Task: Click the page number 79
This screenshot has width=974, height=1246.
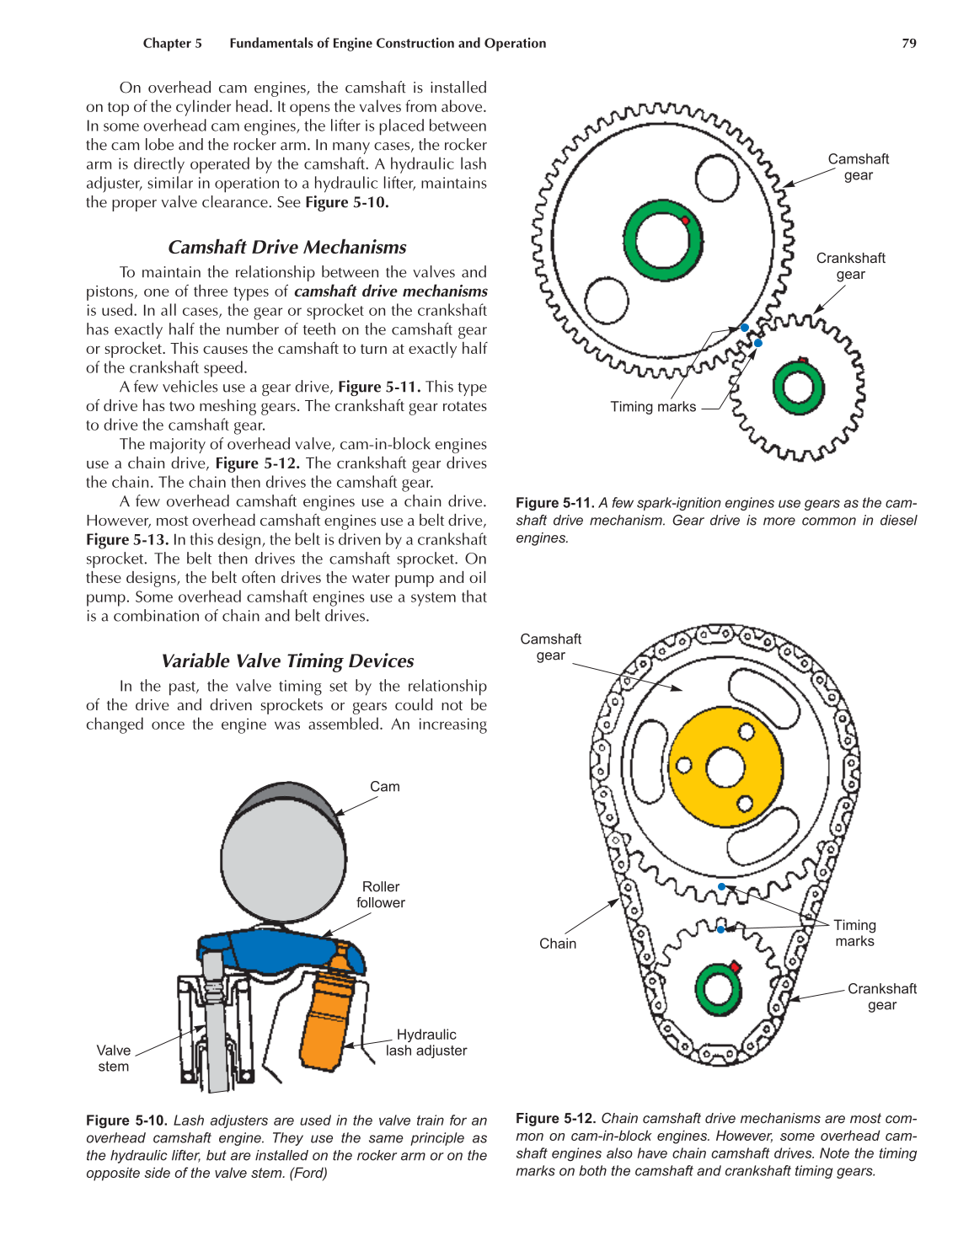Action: pyautogui.click(x=909, y=43)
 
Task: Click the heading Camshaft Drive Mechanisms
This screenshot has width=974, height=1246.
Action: pyautogui.click(x=286, y=247)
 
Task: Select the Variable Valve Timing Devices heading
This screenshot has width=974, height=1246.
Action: pyautogui.click(x=287, y=660)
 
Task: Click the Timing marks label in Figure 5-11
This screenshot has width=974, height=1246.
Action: pyautogui.click(x=653, y=407)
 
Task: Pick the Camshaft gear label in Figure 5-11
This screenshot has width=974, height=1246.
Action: pyautogui.click(x=858, y=167)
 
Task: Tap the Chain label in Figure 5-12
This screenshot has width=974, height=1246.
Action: pyautogui.click(x=558, y=944)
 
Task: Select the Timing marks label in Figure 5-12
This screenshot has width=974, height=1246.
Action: pyautogui.click(x=854, y=933)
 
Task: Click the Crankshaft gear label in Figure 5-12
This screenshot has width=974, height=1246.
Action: pyautogui.click(x=881, y=997)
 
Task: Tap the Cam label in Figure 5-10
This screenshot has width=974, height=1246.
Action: pyautogui.click(x=385, y=787)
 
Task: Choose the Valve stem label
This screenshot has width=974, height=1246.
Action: pyautogui.click(x=114, y=1058)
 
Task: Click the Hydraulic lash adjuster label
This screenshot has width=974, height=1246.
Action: pyautogui.click(x=426, y=1043)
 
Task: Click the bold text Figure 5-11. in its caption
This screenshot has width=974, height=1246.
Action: pyautogui.click(x=554, y=503)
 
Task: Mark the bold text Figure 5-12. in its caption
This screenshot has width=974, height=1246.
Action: pyautogui.click(x=555, y=1119)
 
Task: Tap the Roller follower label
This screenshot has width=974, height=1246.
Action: pyautogui.click(x=381, y=895)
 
